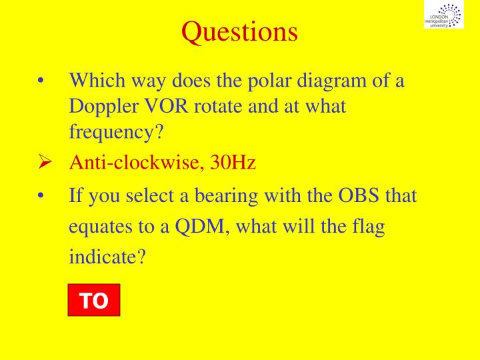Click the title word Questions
coord(240,31)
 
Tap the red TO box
coord(94,301)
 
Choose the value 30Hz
coord(233,162)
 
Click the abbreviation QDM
coord(199,226)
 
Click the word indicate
coord(107,257)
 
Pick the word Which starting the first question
coord(93,83)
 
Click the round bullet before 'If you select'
coord(41,197)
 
